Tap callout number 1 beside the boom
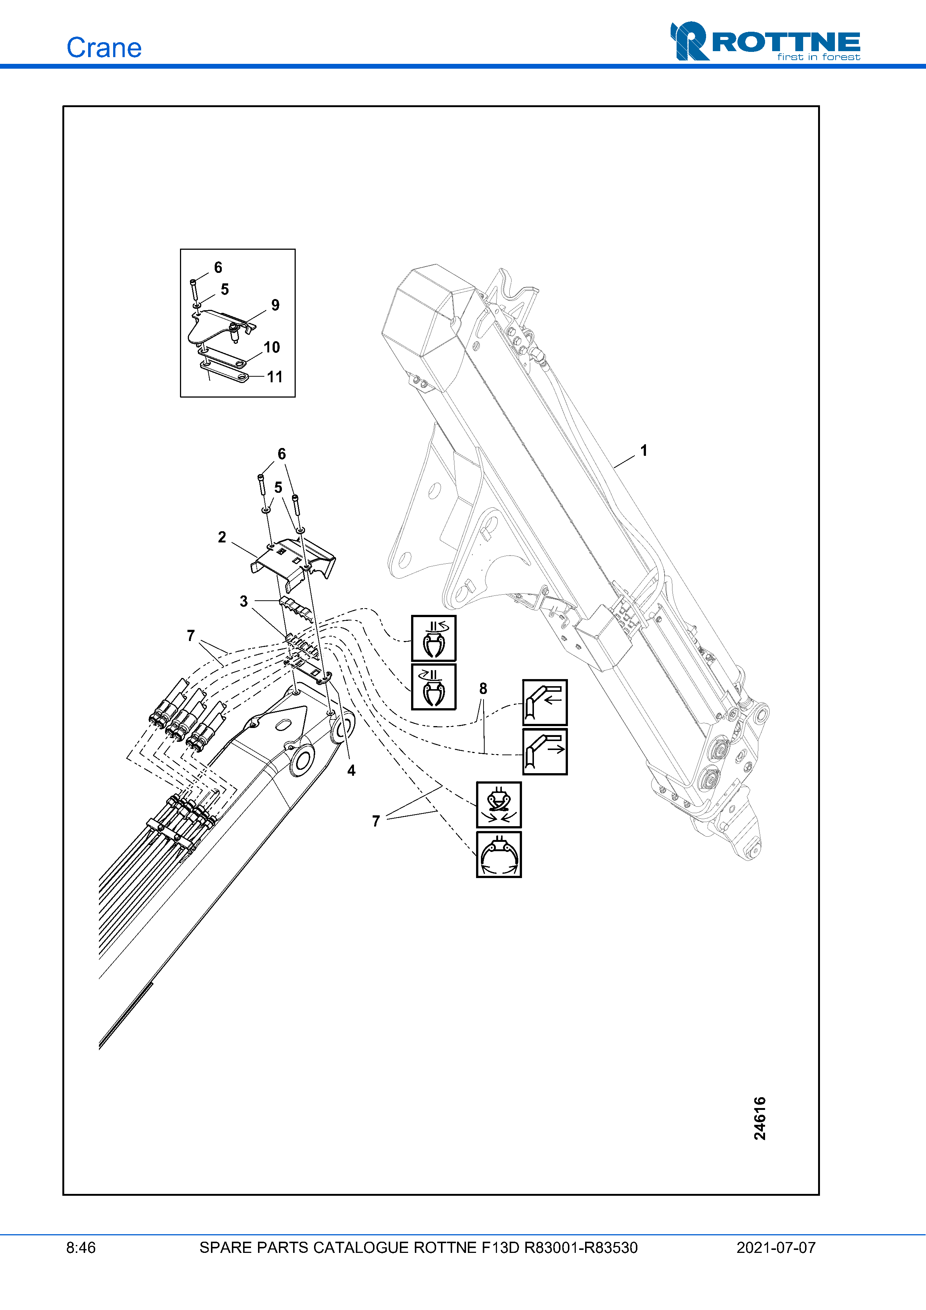pyautogui.click(x=644, y=451)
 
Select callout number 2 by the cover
pyautogui.click(x=222, y=537)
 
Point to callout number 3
pyautogui.click(x=243, y=601)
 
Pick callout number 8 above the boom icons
pyautogui.click(x=483, y=689)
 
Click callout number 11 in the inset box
pyautogui.click(x=274, y=377)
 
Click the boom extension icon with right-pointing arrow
pyautogui.click(x=545, y=752)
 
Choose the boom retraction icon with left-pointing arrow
pyautogui.click(x=545, y=702)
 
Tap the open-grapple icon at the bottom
pyautogui.click(x=499, y=854)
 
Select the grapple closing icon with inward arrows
pyautogui.click(x=499, y=805)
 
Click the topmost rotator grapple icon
pyautogui.click(x=434, y=638)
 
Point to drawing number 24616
pyautogui.click(x=759, y=1118)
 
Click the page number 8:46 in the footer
pyautogui.click(x=81, y=1248)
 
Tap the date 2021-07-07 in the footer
pyautogui.click(x=776, y=1248)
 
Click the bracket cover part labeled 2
pyautogui.click(x=294, y=562)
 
